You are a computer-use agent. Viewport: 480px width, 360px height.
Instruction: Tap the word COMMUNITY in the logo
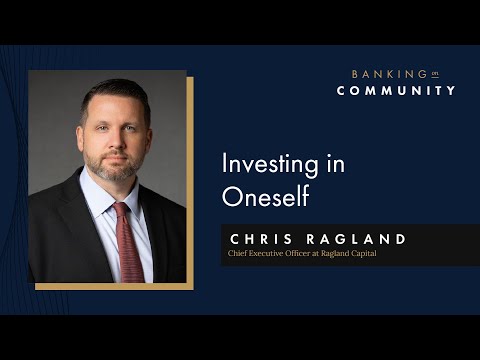(396, 91)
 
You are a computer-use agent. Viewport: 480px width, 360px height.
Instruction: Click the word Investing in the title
(262, 164)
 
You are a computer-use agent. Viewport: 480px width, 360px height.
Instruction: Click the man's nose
(116, 142)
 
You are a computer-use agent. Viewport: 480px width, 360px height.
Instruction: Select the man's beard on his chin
(117, 176)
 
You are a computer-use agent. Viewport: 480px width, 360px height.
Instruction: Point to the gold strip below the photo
(110, 287)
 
